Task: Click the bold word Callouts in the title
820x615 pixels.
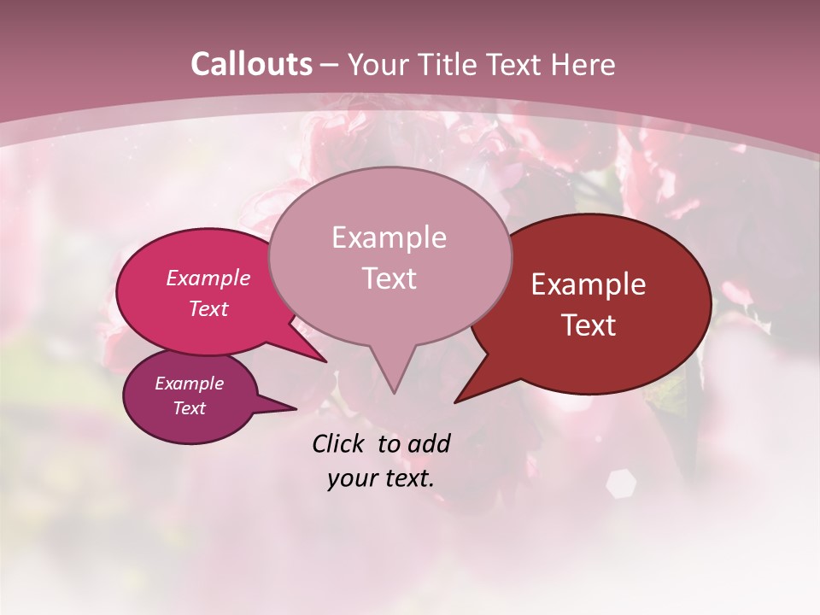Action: [251, 64]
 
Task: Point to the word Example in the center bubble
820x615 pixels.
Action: [389, 237]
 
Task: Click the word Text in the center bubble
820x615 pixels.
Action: [389, 278]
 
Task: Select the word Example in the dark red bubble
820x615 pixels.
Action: [589, 284]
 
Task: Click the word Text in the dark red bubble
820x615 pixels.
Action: [589, 325]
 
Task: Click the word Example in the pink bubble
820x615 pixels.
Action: [208, 278]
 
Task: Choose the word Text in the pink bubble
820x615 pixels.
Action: [208, 308]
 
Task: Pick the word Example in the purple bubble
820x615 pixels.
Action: [189, 384]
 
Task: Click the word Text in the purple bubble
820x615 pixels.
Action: [190, 408]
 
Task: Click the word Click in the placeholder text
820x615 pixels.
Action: [340, 443]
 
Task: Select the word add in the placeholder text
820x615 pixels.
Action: [429, 443]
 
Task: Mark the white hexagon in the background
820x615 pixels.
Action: [621, 483]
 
